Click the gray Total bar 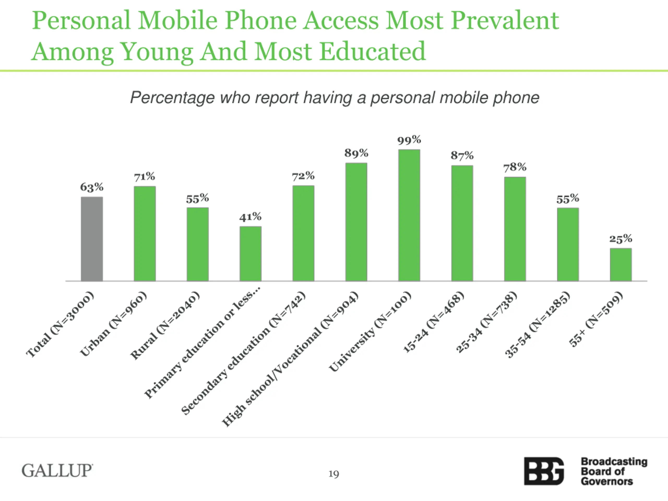(x=92, y=239)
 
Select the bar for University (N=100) (x=409, y=215)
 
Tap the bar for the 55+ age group (x=621, y=265)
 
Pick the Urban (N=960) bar (x=145, y=234)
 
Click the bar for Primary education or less (x=250, y=254)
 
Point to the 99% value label (x=409, y=140)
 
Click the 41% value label (x=250, y=217)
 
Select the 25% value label (x=621, y=239)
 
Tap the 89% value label (x=356, y=153)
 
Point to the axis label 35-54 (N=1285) (x=537, y=325)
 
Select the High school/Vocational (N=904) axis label (x=290, y=359)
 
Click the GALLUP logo (x=57, y=471)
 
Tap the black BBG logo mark (x=544, y=471)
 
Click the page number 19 (x=334, y=474)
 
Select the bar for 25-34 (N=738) (x=515, y=229)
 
